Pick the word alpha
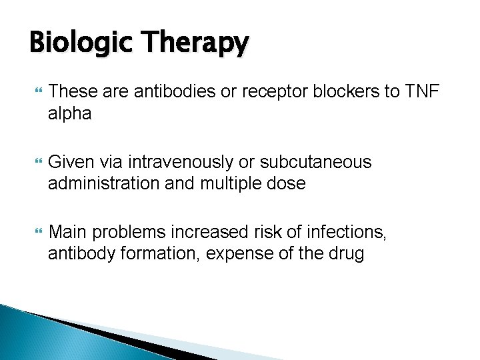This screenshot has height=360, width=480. (x=69, y=114)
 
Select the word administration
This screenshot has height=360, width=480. (x=104, y=184)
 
